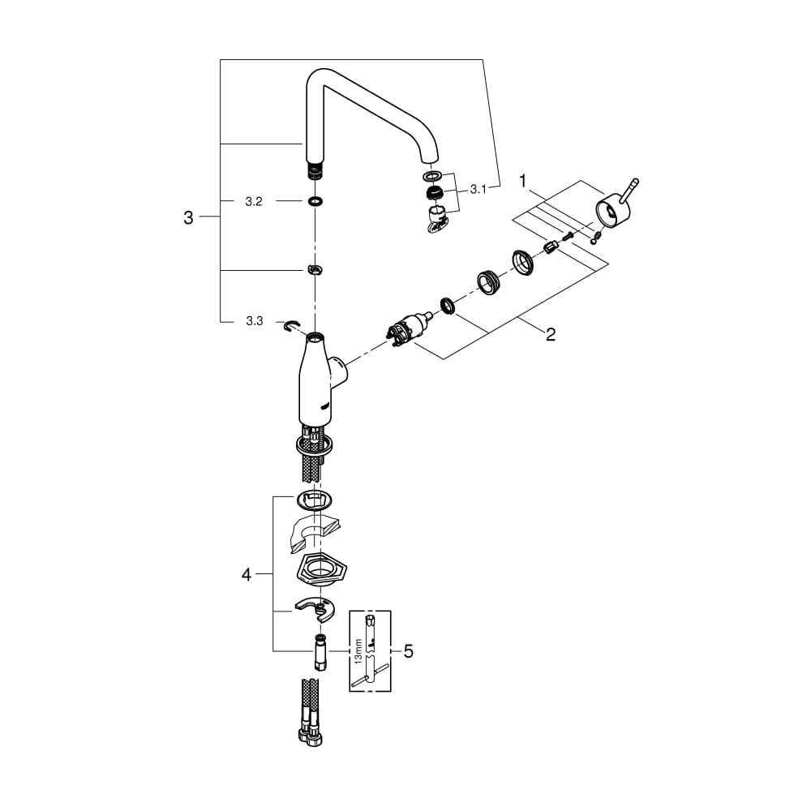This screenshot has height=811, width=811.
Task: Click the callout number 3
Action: tap(188, 217)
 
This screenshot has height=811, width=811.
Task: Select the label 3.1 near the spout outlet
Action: tap(478, 189)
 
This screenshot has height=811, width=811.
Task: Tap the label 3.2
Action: tap(253, 202)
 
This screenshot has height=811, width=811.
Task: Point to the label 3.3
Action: tap(254, 321)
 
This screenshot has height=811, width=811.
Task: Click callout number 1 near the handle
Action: tap(522, 181)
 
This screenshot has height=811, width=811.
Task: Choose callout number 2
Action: tap(551, 334)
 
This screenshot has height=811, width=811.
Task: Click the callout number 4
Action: tap(247, 574)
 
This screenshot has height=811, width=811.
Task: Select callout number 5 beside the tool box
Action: tap(409, 651)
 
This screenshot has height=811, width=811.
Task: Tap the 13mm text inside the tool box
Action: tap(358, 651)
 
